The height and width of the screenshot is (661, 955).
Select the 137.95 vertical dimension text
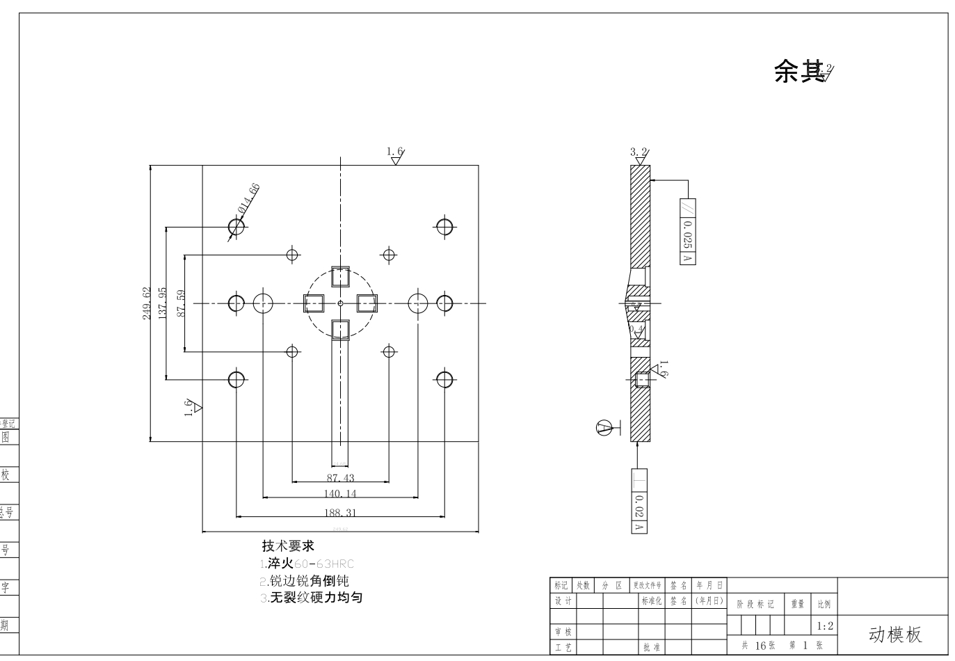tap(163, 303)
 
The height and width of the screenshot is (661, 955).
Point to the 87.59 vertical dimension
tap(181, 303)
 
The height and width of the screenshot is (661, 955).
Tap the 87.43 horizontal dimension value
tap(340, 478)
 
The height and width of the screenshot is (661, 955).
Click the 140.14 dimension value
tap(340, 494)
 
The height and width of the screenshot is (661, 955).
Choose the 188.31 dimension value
tap(340, 513)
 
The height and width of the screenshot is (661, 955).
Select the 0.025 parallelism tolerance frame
tap(687, 232)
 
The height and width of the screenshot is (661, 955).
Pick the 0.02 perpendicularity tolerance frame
tap(639, 502)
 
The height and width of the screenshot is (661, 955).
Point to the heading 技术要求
tap(288, 545)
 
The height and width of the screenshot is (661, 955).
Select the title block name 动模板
tap(895, 635)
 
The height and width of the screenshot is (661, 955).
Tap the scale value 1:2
tap(824, 626)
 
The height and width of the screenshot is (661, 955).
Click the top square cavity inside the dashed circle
tap(340, 277)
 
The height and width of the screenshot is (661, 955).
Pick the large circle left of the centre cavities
tap(263, 303)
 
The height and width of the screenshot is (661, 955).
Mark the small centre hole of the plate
tap(340, 303)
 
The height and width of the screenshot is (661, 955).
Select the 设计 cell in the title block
tap(563, 601)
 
